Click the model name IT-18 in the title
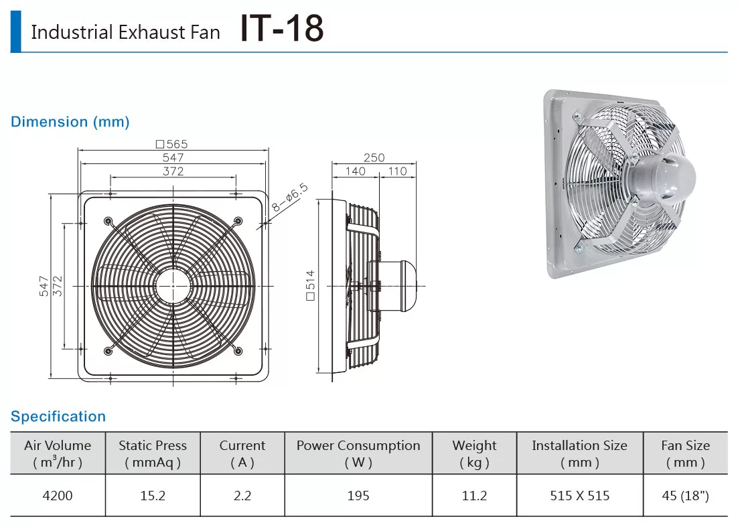[x=282, y=28]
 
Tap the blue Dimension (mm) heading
[x=70, y=122]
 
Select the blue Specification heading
[x=58, y=417]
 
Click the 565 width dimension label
[x=172, y=143]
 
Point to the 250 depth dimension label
[x=374, y=157]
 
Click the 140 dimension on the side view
[x=356, y=171]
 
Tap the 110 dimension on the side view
[x=398, y=171]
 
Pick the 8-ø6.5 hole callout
[x=290, y=198]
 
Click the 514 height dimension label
[x=310, y=285]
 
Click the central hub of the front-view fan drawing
[x=173, y=286]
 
